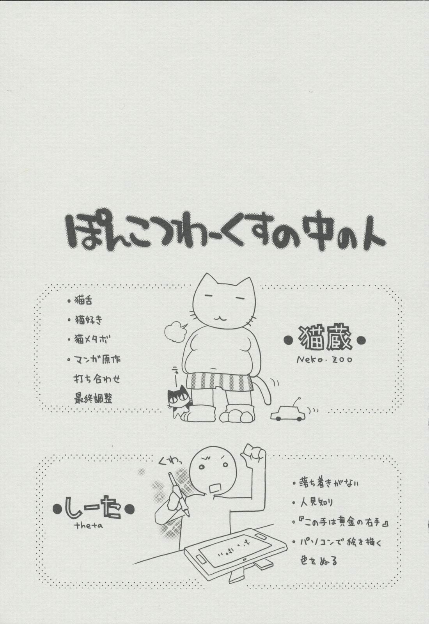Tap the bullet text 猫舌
83,301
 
